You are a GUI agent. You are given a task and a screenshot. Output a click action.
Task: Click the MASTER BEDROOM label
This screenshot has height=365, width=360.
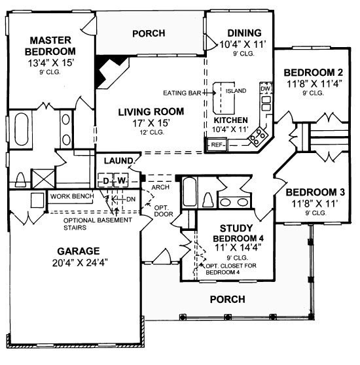pos(50,46)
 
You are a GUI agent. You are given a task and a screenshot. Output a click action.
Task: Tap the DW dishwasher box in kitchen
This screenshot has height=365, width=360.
pos(266,88)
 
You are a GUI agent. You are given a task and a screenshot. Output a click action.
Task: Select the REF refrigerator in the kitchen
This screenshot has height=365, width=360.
pos(217,145)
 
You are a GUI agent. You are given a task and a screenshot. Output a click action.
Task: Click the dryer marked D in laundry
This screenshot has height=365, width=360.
pos(106,180)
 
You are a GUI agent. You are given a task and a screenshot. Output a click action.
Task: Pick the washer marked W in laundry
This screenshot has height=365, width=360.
pos(121,180)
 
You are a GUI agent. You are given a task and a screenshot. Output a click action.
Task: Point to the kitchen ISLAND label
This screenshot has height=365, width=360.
pos(236,90)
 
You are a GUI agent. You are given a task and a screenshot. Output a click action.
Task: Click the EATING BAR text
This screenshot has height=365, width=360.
pos(182,93)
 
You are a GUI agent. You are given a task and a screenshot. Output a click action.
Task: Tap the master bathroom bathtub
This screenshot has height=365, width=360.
pos(22,129)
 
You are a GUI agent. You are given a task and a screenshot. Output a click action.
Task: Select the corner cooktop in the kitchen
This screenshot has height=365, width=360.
pos(258,137)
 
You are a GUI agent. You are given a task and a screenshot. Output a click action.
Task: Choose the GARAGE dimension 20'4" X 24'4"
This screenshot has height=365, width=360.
pos(80,262)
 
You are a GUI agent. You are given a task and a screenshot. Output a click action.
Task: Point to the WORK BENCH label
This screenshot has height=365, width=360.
pos(72,196)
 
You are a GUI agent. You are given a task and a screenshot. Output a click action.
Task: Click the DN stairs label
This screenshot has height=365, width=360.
pos(131,200)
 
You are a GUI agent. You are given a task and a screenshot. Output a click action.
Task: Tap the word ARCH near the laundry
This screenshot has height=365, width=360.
pos(160,187)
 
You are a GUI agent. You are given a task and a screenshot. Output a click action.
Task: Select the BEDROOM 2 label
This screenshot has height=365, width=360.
pos(313,73)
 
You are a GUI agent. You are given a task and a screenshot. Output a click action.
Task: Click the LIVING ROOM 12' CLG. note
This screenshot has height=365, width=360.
pos(152,132)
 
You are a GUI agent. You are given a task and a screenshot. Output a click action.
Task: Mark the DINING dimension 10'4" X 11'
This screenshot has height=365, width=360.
pos(243,44)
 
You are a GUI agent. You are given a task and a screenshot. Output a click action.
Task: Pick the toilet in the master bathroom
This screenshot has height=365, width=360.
pos(20,179)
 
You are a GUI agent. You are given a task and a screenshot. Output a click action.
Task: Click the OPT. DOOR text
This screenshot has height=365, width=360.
pos(164,211)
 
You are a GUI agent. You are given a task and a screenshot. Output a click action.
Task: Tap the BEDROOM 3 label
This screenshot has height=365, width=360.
pos(315,192)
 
